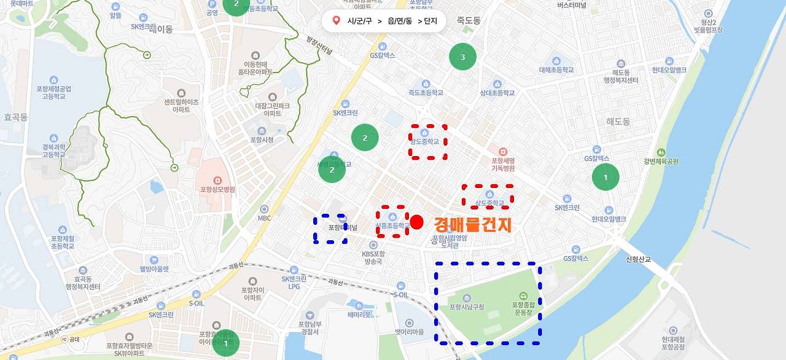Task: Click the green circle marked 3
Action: [x=462, y=57]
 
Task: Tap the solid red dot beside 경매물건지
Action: [x=417, y=222]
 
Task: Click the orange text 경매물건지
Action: [x=472, y=225]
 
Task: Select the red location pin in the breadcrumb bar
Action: [x=336, y=21]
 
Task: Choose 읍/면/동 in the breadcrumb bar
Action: [x=400, y=21]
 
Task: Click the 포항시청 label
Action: [x=262, y=139]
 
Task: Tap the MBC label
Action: [x=264, y=217]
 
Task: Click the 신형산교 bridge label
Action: [x=638, y=259]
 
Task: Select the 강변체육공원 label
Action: [x=661, y=162]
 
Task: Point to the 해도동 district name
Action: [x=618, y=122]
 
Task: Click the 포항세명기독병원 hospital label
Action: [x=502, y=164]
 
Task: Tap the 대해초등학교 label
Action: [x=556, y=70]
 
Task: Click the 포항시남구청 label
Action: [x=467, y=307]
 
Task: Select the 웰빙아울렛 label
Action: [x=154, y=268]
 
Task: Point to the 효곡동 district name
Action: [x=15, y=117]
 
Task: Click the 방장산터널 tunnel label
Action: [x=319, y=45]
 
